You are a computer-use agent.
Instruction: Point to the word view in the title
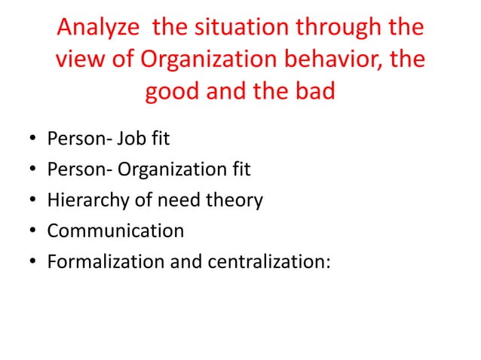pyautogui.click(x=80, y=60)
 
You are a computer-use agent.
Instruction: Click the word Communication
pyautogui.click(x=115, y=230)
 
